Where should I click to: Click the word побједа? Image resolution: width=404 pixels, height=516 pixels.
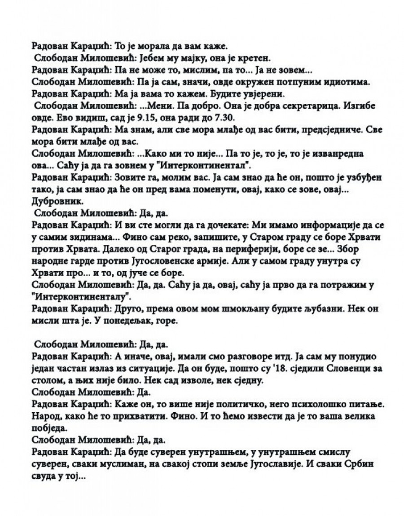49,428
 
